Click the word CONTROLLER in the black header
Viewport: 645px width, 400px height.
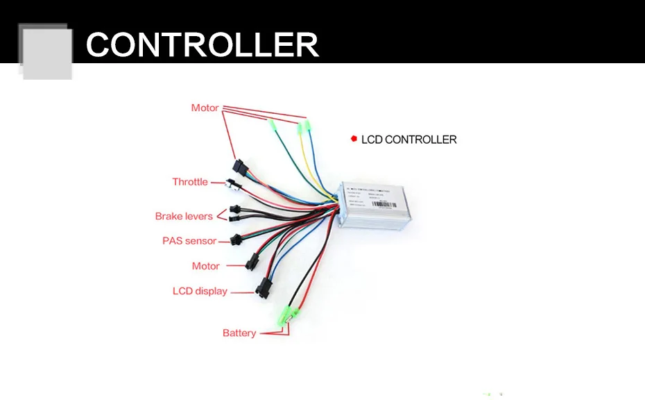202,45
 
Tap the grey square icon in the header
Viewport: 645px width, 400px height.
46,51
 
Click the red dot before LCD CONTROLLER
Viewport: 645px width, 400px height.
354,139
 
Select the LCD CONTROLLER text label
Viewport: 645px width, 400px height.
409,140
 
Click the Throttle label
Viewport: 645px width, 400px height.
190,182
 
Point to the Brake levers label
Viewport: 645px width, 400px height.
184,216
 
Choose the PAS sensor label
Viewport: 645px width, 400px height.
189,241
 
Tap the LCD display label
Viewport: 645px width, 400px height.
200,291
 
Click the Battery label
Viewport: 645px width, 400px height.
239,333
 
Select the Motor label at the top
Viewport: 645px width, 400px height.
205,108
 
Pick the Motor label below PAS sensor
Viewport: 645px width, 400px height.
205,266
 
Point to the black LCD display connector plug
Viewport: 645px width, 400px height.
263,288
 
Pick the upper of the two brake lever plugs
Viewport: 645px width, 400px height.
234,209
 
